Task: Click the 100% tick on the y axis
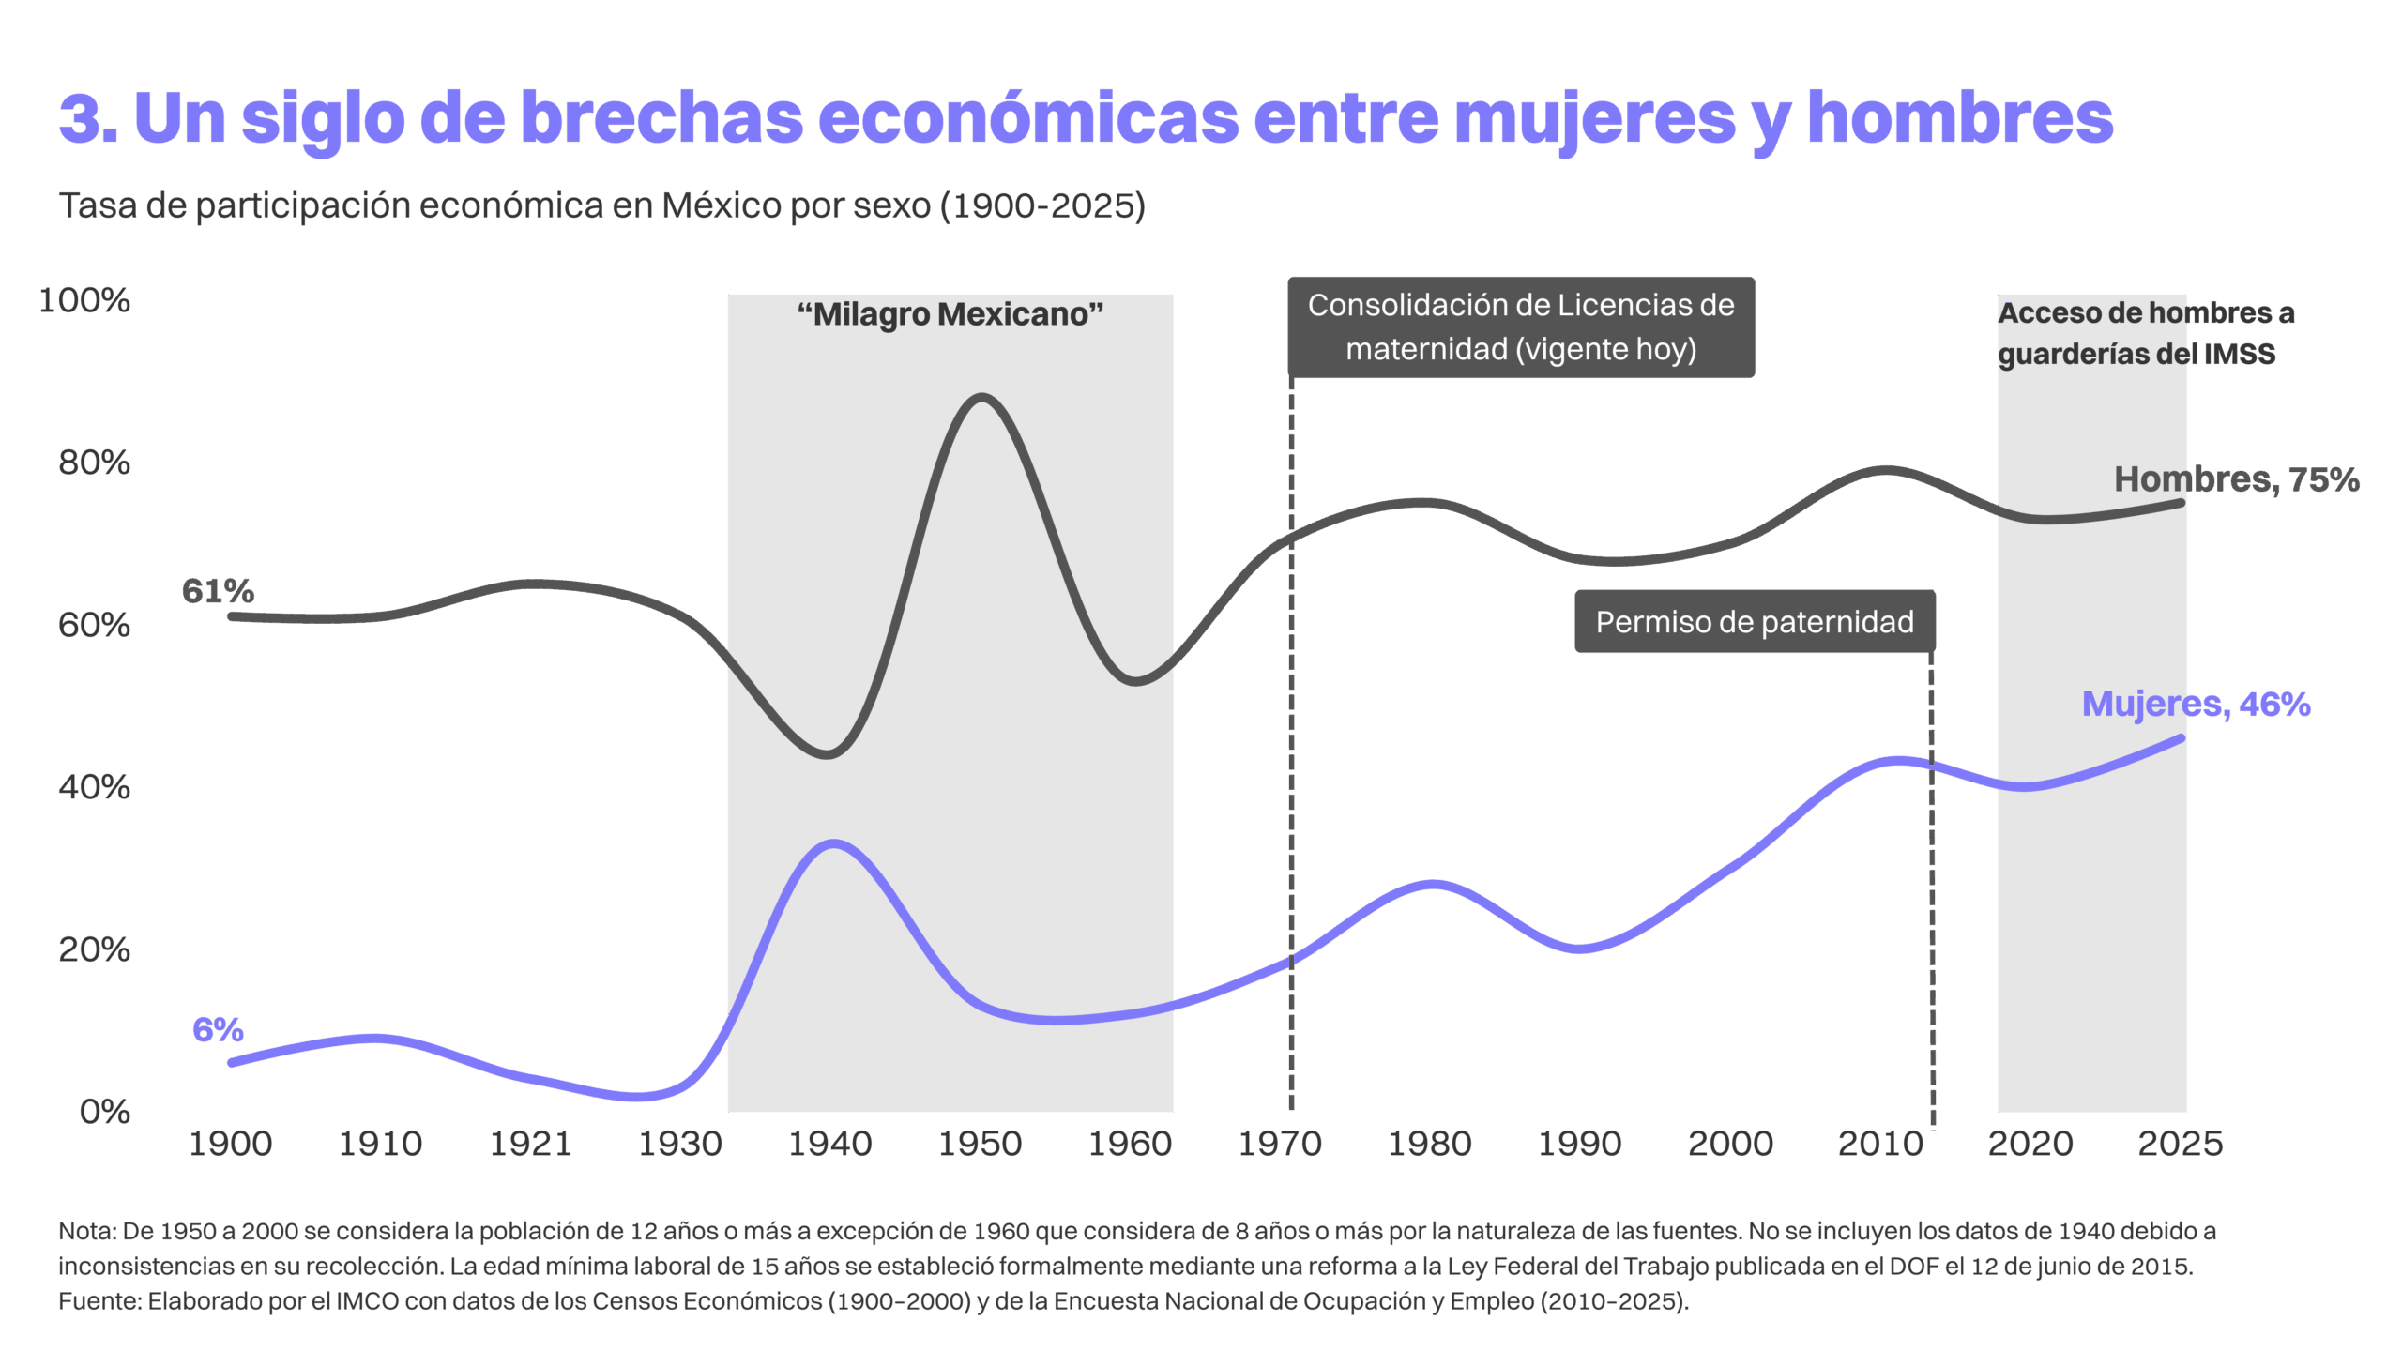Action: click(84, 301)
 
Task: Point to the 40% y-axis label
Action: click(94, 788)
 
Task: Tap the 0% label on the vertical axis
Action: click(104, 1112)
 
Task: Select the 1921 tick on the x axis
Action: click(530, 1144)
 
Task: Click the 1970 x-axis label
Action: click(1280, 1144)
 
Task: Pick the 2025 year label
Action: click(2180, 1144)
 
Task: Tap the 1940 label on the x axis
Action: click(830, 1144)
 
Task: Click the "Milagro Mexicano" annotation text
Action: click(950, 314)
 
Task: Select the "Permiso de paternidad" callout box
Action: click(1755, 622)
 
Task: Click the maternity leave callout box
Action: click(1521, 327)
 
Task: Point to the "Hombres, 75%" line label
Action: click(2236, 479)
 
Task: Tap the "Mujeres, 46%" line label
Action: click(2196, 704)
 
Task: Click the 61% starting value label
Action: click(218, 591)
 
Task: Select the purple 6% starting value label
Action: click(218, 1030)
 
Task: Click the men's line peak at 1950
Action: click(981, 398)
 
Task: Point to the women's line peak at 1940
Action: click(832, 843)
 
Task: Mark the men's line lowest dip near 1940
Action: click(828, 754)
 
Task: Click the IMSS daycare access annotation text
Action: click(2145, 334)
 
